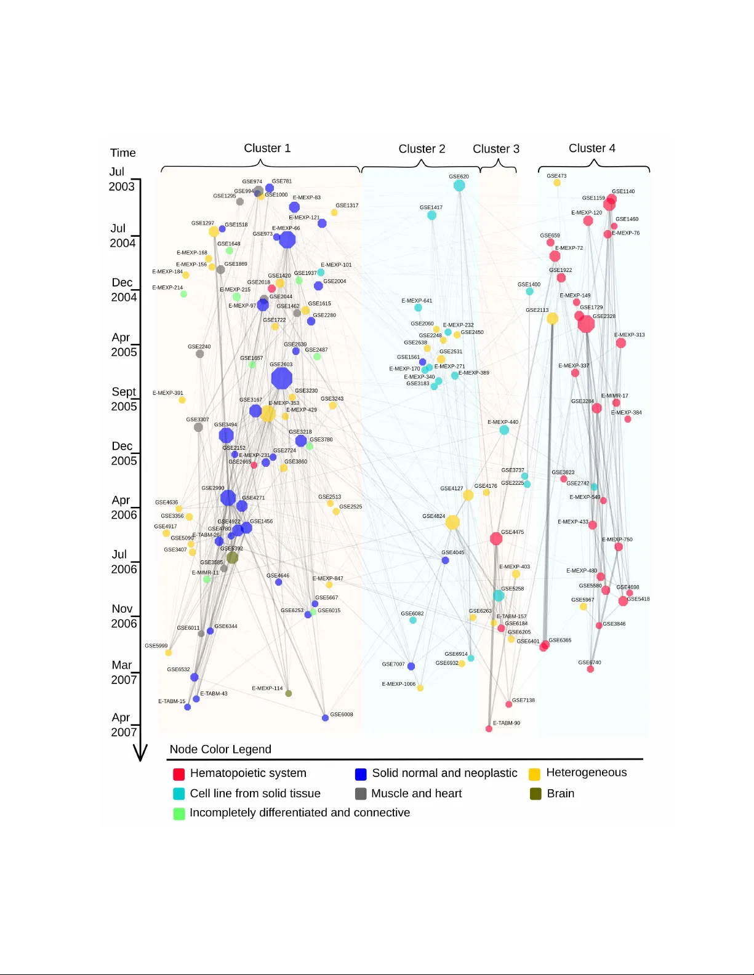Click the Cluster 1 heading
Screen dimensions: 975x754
267,148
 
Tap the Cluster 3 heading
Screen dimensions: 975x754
495,149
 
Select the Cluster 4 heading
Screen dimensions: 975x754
592,148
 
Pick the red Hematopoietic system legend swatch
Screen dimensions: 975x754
179,774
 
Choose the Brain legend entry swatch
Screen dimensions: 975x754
535,794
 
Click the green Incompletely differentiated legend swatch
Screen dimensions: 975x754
179,814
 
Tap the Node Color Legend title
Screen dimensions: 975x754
220,749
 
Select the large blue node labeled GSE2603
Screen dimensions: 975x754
281,378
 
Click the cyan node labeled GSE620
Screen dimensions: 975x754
459,185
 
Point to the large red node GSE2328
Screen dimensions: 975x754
586,324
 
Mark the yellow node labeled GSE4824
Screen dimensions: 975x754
452,522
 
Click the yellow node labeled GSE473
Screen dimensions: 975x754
557,183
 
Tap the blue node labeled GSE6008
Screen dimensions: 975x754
325,718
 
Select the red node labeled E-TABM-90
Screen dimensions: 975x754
489,729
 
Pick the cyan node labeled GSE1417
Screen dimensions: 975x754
431,215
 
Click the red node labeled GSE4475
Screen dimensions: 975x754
496,539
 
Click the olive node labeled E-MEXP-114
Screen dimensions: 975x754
288,693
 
